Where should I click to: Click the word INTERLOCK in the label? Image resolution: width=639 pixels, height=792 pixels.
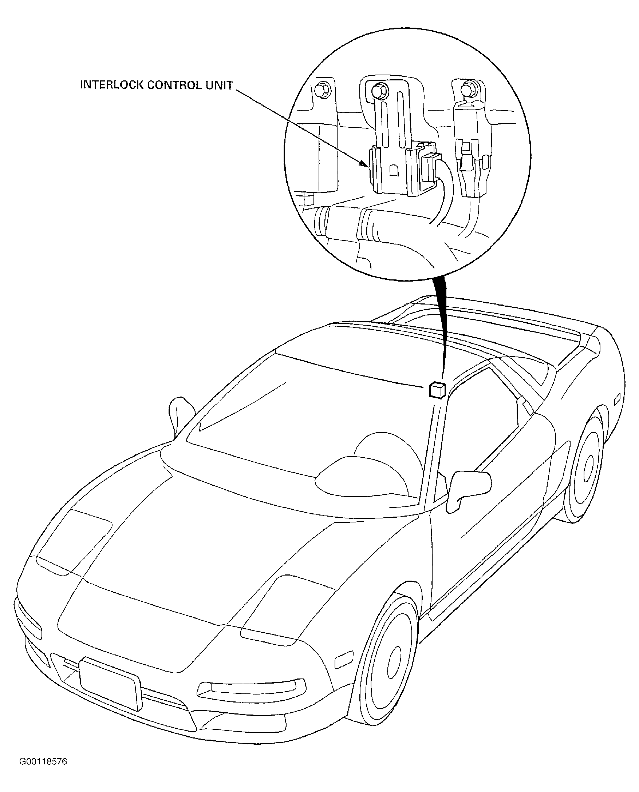tap(111, 85)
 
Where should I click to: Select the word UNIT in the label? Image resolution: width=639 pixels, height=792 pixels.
tap(220, 85)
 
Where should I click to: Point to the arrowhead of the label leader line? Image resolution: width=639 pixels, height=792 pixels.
tap(363, 163)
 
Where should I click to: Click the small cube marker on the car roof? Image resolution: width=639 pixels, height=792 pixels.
tap(437, 390)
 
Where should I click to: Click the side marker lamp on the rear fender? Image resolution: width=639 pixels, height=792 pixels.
tap(617, 400)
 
